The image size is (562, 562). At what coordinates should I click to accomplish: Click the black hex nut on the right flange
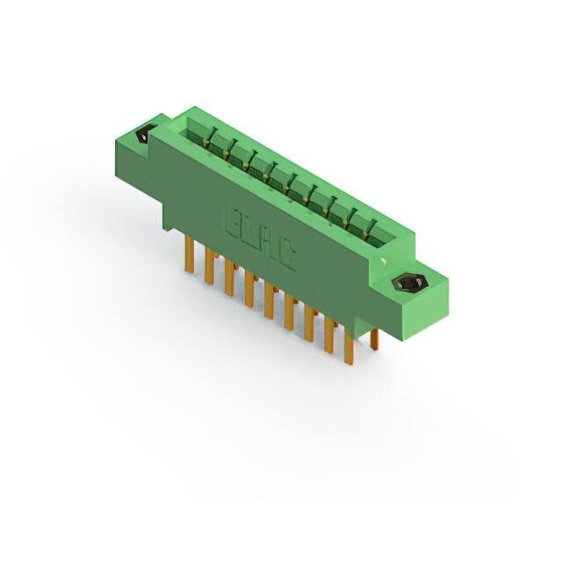[x=407, y=285]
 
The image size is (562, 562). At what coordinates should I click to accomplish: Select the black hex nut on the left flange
[x=144, y=134]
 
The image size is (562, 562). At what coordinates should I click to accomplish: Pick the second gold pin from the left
[x=209, y=267]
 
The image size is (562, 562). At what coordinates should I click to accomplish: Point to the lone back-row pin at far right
[x=374, y=339]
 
